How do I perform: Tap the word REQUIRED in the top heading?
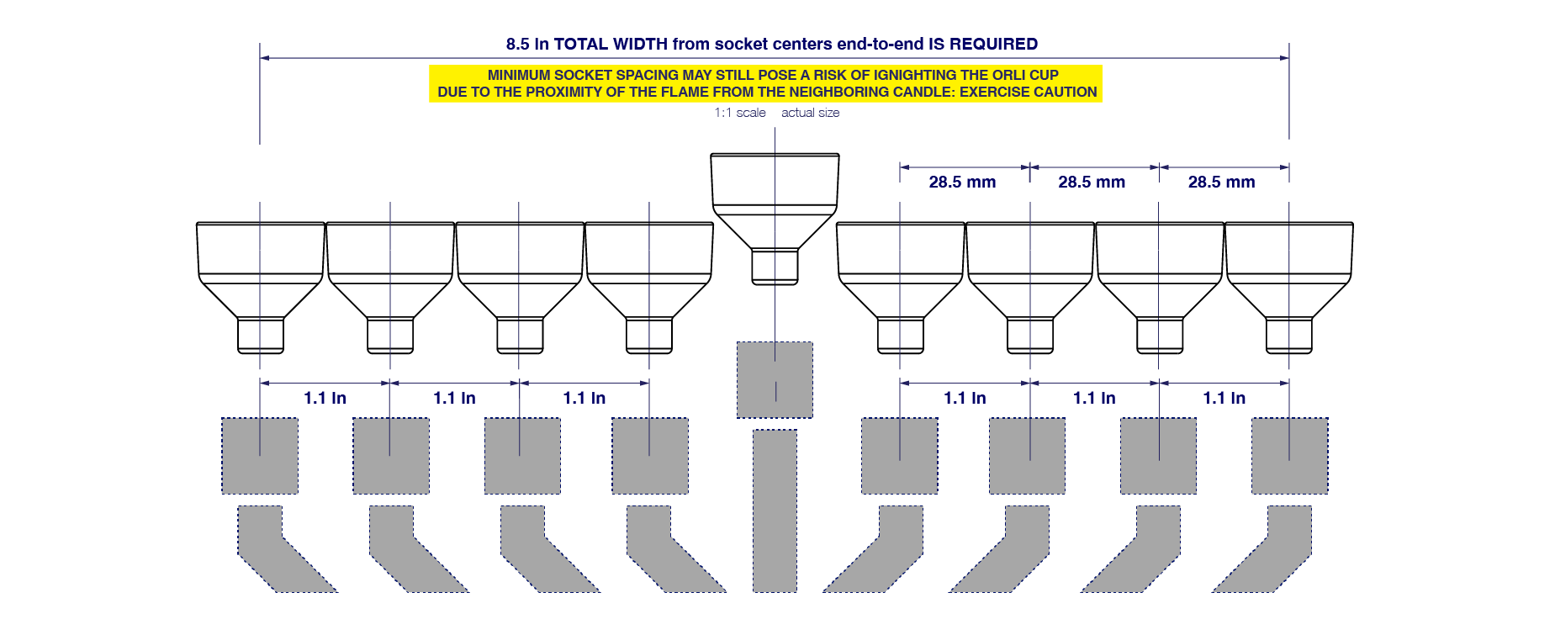click(993, 45)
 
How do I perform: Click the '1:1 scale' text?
click(740, 113)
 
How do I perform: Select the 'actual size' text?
click(810, 113)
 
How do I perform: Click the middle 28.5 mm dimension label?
click(1092, 183)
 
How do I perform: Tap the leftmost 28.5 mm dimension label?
click(962, 183)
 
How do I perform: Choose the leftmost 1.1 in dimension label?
click(325, 398)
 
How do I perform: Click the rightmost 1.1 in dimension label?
click(1224, 398)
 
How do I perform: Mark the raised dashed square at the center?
click(775, 379)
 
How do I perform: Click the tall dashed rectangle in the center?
click(775, 511)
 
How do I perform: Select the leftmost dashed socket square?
click(260, 455)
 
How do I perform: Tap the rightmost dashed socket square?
click(1289, 455)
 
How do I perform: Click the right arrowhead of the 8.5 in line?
click(1284, 58)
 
